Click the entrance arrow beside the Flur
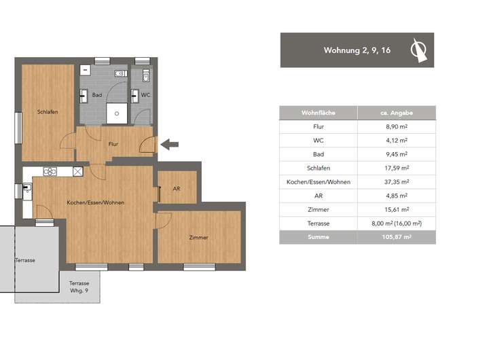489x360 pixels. [170, 145]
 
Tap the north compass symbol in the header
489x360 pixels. [418, 50]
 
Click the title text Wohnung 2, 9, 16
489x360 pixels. [357, 50]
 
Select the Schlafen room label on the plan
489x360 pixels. [48, 111]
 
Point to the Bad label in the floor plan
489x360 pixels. [97, 95]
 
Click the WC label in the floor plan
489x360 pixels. [145, 95]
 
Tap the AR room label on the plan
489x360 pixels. [177, 188]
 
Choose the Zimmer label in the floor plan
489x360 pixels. [198, 238]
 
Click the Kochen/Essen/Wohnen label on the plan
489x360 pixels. [96, 202]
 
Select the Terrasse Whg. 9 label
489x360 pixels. [79, 287]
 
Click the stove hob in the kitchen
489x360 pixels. [50, 171]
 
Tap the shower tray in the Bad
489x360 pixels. [117, 113]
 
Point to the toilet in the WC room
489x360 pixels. [146, 75]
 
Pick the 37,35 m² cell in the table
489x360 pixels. [397, 182]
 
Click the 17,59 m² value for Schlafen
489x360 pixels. [397, 168]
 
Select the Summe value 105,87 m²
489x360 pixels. [397, 237]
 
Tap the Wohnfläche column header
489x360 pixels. [318, 113]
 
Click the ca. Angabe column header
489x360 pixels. [397, 113]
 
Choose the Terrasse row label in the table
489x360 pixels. [318, 223]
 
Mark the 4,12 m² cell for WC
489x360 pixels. [397, 141]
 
